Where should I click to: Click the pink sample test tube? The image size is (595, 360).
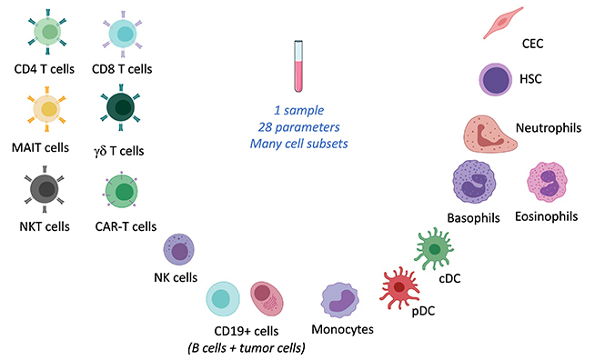297,67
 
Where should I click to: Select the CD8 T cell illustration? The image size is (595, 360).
121,35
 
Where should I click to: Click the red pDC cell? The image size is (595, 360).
397,287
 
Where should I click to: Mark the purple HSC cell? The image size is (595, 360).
498,79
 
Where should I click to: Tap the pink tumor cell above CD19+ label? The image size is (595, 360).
269,299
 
